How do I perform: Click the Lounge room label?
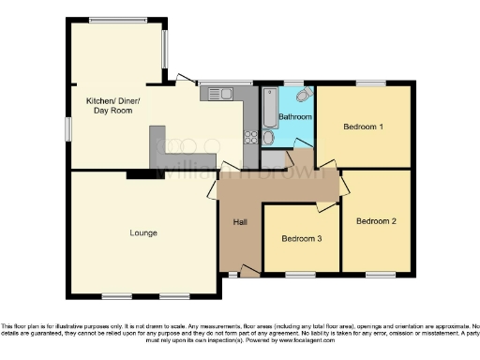[143, 232]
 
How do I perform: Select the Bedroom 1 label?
[363, 126]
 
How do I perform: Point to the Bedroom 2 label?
[375, 221]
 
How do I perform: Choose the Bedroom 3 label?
[302, 239]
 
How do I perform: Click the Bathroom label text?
[294, 116]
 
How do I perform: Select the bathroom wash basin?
[269, 138]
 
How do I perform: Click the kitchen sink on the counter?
[222, 93]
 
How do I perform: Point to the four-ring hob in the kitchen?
[250, 137]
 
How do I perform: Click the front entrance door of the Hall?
[248, 272]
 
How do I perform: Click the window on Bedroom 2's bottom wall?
[380, 274]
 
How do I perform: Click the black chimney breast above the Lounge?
[145, 172]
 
